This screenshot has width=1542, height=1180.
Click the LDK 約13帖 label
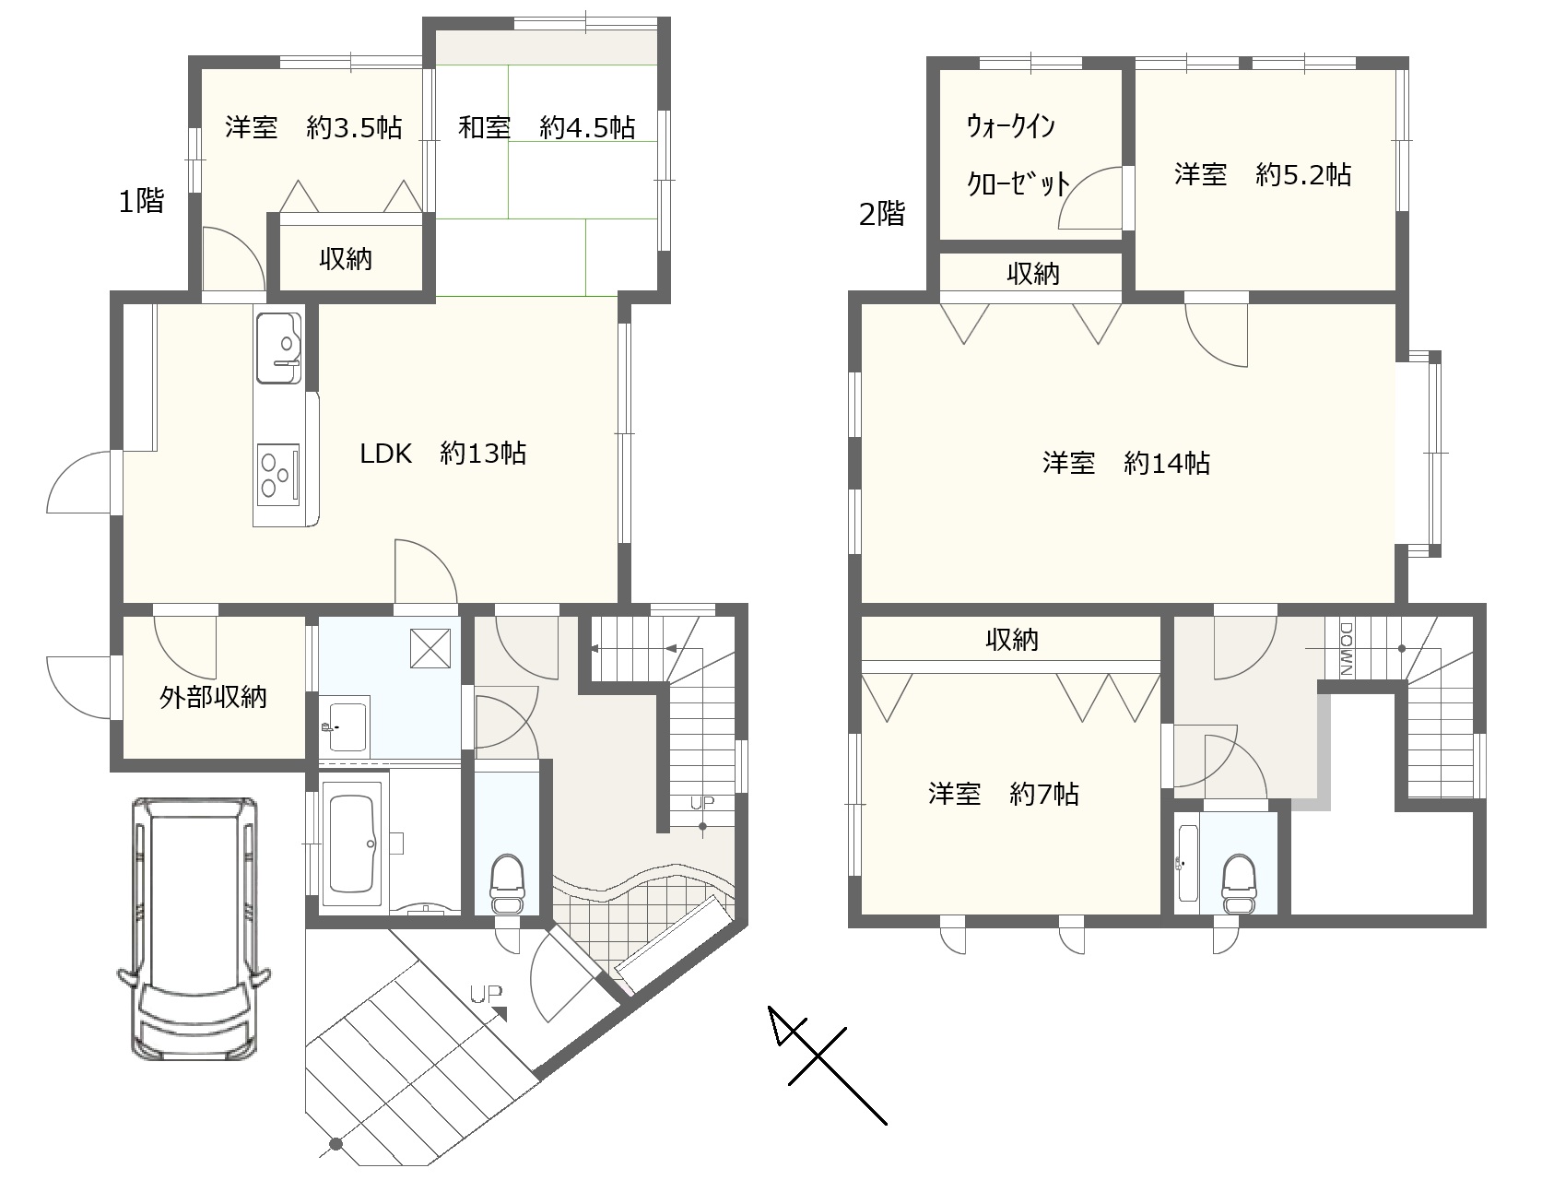442,454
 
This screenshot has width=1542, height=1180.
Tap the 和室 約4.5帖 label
547,128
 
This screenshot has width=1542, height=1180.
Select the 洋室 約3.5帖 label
313,128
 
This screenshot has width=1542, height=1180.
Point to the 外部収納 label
213,698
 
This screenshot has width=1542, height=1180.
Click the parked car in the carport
194,927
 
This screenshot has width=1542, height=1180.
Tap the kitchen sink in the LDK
279,348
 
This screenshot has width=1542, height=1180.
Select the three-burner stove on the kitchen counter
278,474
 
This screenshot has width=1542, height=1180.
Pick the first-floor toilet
507,883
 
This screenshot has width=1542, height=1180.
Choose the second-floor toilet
1239,884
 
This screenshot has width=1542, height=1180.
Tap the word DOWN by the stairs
1346,648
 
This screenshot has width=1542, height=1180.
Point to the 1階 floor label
141,202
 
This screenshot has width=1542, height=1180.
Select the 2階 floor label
882,214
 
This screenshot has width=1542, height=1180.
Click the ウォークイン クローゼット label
1018,155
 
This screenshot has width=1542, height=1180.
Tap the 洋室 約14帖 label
1126,464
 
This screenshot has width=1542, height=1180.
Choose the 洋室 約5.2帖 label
1263,175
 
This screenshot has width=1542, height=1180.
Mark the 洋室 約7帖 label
1003,795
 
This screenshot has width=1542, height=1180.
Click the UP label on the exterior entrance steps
486,994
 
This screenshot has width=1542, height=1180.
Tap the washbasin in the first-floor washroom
344,727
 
